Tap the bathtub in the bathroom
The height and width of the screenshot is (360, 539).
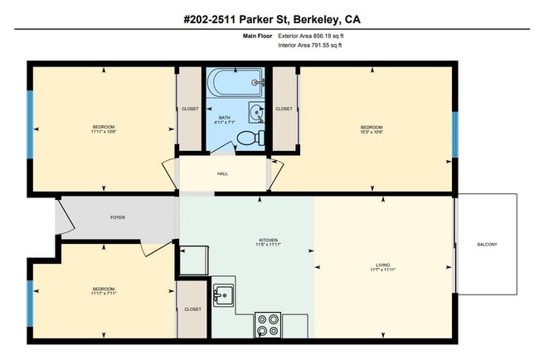pyautogui.click(x=236, y=83)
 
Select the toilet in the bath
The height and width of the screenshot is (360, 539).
pyautogui.click(x=261, y=138)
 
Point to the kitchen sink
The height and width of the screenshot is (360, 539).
pyautogui.click(x=223, y=294)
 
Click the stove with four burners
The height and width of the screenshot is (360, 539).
pyautogui.click(x=267, y=324)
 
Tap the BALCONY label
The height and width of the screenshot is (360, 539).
pyautogui.click(x=487, y=244)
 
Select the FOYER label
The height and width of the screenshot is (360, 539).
pyautogui.click(x=119, y=217)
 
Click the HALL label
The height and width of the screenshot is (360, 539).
pyautogui.click(x=222, y=173)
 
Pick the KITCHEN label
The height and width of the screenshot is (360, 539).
pyautogui.click(x=268, y=241)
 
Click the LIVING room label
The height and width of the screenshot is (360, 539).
pyautogui.click(x=382, y=265)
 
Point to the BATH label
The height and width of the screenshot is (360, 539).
pyautogui.click(x=224, y=118)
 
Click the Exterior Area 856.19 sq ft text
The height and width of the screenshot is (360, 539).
pyautogui.click(x=310, y=36)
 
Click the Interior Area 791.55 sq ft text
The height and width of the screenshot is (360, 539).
pyautogui.click(x=310, y=46)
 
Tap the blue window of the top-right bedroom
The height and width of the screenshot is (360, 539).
pyautogui.click(x=454, y=132)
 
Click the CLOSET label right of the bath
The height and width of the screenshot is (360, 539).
pyautogui.click(x=284, y=109)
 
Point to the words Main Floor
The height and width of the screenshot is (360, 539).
pyautogui.click(x=257, y=36)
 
